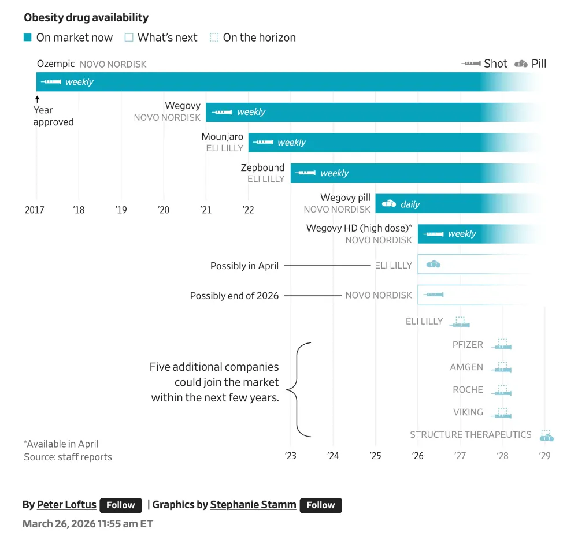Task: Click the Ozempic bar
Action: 260,82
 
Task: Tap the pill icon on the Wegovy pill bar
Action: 389,203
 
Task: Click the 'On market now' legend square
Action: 28,38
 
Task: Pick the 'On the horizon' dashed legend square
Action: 214,38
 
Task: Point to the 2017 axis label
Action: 35,210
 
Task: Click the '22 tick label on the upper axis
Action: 248,210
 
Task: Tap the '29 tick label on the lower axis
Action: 544,456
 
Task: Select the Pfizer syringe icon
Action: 502,345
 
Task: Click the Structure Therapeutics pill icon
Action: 546,435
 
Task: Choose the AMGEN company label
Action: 466,367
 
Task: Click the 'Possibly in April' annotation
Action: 244,266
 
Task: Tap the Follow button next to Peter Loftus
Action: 121,505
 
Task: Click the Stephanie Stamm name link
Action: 253,505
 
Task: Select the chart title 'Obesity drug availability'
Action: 86,18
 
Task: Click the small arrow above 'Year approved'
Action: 37,99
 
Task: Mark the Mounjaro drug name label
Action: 222,137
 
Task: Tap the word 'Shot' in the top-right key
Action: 495,64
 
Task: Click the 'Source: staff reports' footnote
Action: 68,457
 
